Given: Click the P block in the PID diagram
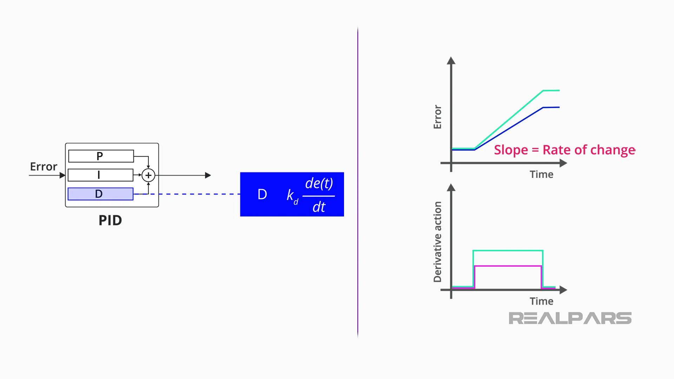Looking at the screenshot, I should (x=101, y=156).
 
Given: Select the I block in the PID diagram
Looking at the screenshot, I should (x=100, y=175).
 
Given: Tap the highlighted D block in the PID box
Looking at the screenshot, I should (x=100, y=194).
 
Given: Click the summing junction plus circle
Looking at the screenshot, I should (x=148, y=175).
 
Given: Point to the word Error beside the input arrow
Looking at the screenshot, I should (x=44, y=167).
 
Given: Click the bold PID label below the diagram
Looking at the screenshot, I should (x=110, y=220).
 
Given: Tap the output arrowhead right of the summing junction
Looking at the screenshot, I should (x=208, y=175).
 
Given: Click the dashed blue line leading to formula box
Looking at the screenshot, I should (x=190, y=194).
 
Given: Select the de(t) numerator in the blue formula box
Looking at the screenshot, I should (x=319, y=183).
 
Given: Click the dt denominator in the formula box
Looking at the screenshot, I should (x=319, y=207).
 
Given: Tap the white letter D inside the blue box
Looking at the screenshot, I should (x=262, y=194).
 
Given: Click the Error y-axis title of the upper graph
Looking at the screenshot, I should (x=437, y=117).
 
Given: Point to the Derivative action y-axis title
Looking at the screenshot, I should (x=437, y=242).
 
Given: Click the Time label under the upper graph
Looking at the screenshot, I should (x=541, y=174).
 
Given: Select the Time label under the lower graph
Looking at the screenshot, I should (x=541, y=301).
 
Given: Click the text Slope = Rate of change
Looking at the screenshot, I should (x=564, y=150).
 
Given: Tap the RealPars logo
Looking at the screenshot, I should (x=570, y=318).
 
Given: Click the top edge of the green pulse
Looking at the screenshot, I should (x=508, y=251).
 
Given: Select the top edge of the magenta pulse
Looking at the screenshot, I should (x=508, y=266).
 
